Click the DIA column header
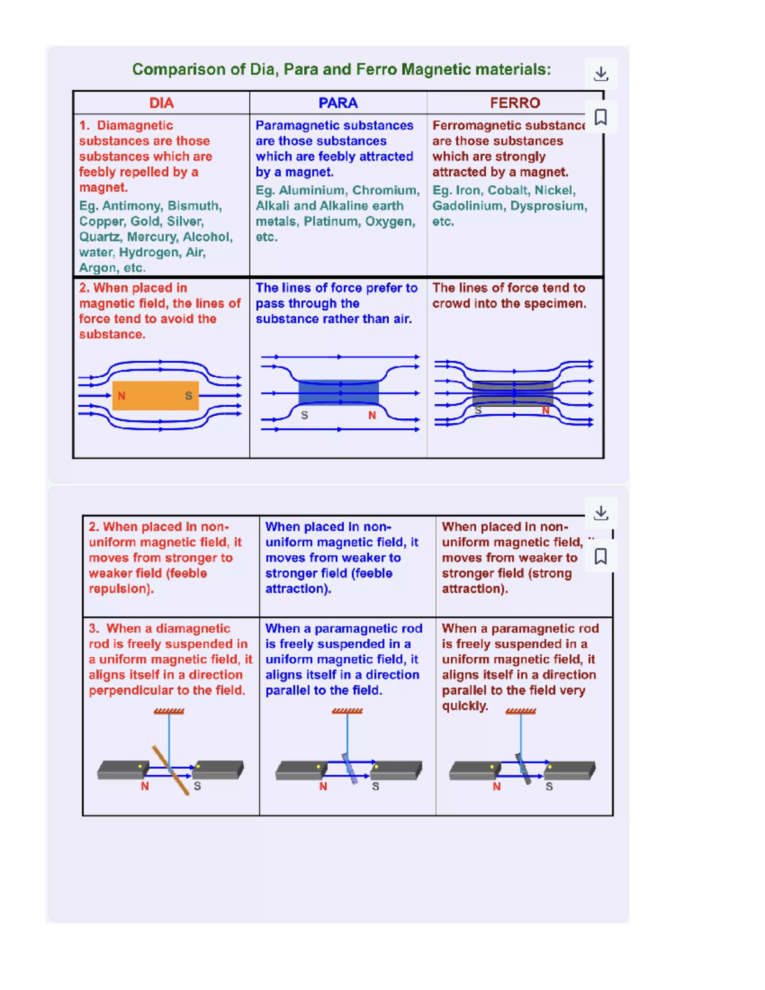(x=161, y=103)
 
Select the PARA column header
(x=338, y=103)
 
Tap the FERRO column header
(x=515, y=103)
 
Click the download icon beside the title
(x=601, y=74)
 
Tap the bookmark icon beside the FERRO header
(x=601, y=117)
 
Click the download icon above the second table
(x=601, y=513)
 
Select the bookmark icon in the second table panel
(x=601, y=557)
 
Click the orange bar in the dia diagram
(x=156, y=395)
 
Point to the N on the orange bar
(x=122, y=395)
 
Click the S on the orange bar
(x=189, y=395)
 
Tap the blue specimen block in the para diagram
(x=339, y=393)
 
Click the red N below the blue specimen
(x=372, y=415)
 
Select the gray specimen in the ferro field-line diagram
(x=513, y=393)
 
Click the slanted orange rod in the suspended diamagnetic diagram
(x=170, y=771)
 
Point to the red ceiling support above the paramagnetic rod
(x=347, y=711)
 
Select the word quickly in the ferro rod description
(x=465, y=706)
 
